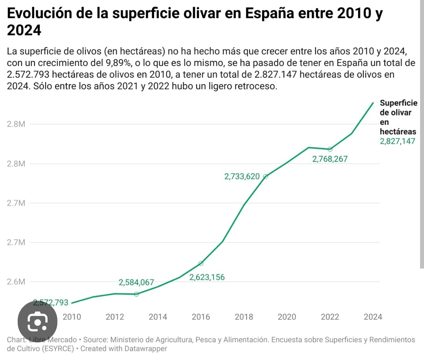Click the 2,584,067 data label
pos(136,282)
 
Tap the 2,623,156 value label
pos(207,277)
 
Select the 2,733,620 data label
pos(242,177)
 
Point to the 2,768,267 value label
pos(330,159)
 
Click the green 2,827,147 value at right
pos(397,141)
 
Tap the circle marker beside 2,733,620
pos(265,177)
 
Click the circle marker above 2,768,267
pos(330,149)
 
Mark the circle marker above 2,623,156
pos(201,263)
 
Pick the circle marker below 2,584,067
pos(136,294)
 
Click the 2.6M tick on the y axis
pos(16,282)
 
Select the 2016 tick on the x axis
pos(201,317)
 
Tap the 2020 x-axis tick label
pos(287,317)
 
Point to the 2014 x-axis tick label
pos(158,317)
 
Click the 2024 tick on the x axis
pos(373,317)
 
